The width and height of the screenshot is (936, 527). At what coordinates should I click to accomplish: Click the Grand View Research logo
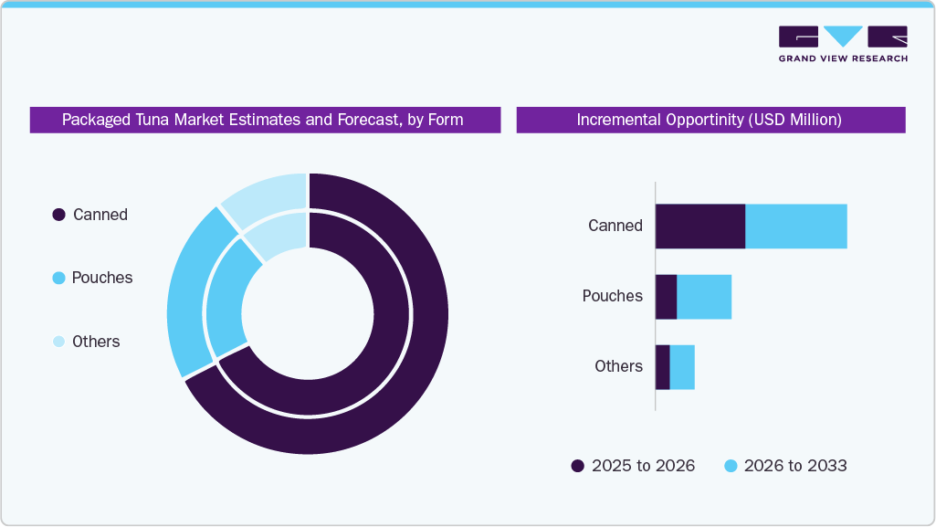click(x=842, y=43)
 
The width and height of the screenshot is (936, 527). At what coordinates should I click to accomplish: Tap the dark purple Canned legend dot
click(x=58, y=215)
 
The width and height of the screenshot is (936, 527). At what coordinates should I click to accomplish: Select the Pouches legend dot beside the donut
click(x=58, y=278)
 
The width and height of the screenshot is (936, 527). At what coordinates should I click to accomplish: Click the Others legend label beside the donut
click(x=96, y=342)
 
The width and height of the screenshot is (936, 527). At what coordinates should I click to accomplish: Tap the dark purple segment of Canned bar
click(x=699, y=226)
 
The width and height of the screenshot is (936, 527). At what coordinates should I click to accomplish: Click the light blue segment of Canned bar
click(x=795, y=226)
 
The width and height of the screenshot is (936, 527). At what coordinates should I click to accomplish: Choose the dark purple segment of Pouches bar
click(x=666, y=296)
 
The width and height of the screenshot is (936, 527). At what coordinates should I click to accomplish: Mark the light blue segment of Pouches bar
click(x=703, y=296)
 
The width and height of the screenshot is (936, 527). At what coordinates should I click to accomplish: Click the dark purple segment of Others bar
click(x=662, y=366)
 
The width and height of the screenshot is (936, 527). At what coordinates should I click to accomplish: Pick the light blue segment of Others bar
click(x=682, y=366)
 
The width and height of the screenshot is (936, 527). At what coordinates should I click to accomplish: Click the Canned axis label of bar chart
click(x=615, y=226)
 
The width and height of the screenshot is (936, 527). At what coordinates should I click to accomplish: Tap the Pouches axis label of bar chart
click(x=612, y=296)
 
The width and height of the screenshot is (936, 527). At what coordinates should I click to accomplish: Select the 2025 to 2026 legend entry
click(x=633, y=466)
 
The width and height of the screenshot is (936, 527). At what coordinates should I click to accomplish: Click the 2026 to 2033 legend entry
click(x=785, y=466)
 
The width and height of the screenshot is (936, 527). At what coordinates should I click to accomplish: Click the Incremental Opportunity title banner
click(x=710, y=120)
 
